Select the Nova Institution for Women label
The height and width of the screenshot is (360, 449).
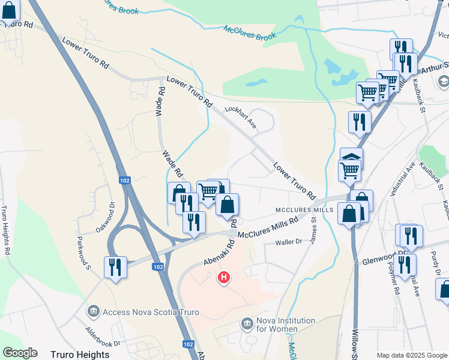point(277,325)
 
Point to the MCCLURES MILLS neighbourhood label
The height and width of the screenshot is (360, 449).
point(304,210)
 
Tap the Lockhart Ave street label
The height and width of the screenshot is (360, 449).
point(241,117)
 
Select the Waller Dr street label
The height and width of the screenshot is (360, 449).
point(288,242)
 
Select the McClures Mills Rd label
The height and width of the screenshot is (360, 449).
point(268,227)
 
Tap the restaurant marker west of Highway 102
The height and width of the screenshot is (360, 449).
point(115,267)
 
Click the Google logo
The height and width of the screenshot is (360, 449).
point(20,353)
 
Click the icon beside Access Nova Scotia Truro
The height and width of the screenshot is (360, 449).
point(93,311)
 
